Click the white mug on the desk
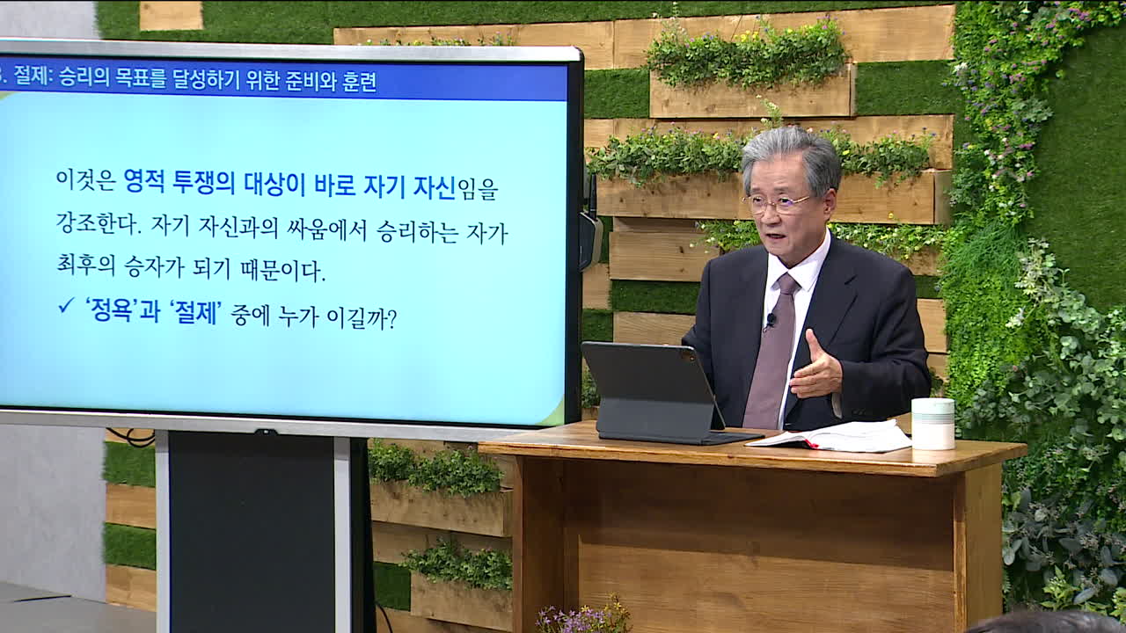(x=933, y=424)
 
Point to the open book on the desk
(x=830, y=436)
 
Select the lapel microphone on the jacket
(x=771, y=319)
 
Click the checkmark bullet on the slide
(x=66, y=305)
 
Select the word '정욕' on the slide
(x=110, y=311)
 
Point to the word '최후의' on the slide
(x=86, y=265)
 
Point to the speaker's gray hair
(x=792, y=153)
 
